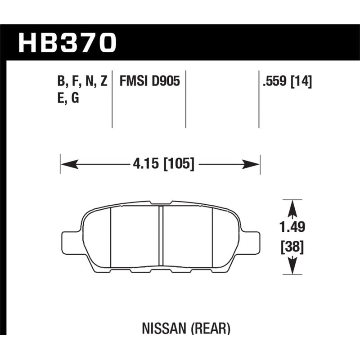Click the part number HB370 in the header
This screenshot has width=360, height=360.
(x=67, y=43)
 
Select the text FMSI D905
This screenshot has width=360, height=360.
(x=149, y=81)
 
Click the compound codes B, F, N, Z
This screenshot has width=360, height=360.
(x=82, y=81)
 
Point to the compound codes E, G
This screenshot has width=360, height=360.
(x=68, y=98)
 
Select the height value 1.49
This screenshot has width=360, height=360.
(x=292, y=228)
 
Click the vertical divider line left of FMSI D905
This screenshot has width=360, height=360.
(x=112, y=99)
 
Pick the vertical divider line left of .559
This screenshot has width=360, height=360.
(x=259, y=99)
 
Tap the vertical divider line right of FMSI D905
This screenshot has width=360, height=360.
(x=186, y=99)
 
